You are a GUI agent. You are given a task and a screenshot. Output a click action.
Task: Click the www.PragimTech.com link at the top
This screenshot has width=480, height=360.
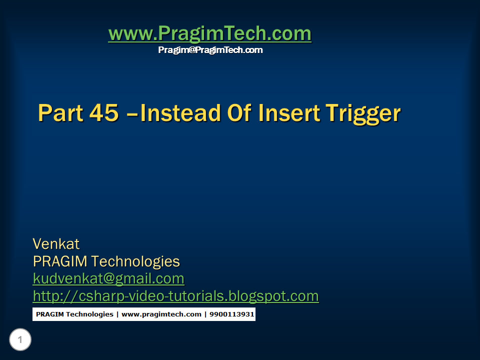pos(209,34)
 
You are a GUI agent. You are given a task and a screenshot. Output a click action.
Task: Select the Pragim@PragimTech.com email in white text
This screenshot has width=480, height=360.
pos(210,50)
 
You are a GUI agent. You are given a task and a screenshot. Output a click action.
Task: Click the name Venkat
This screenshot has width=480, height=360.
pos(56,244)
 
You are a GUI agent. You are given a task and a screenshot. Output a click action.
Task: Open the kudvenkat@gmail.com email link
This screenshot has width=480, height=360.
pos(108,278)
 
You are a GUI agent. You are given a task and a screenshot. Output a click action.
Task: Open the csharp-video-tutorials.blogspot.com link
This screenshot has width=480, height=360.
pos(175,296)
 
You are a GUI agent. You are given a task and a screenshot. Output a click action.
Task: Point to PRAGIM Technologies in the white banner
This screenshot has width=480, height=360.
pos(74,314)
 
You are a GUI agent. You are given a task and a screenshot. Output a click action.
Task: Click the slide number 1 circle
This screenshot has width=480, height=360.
pos(20,340)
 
